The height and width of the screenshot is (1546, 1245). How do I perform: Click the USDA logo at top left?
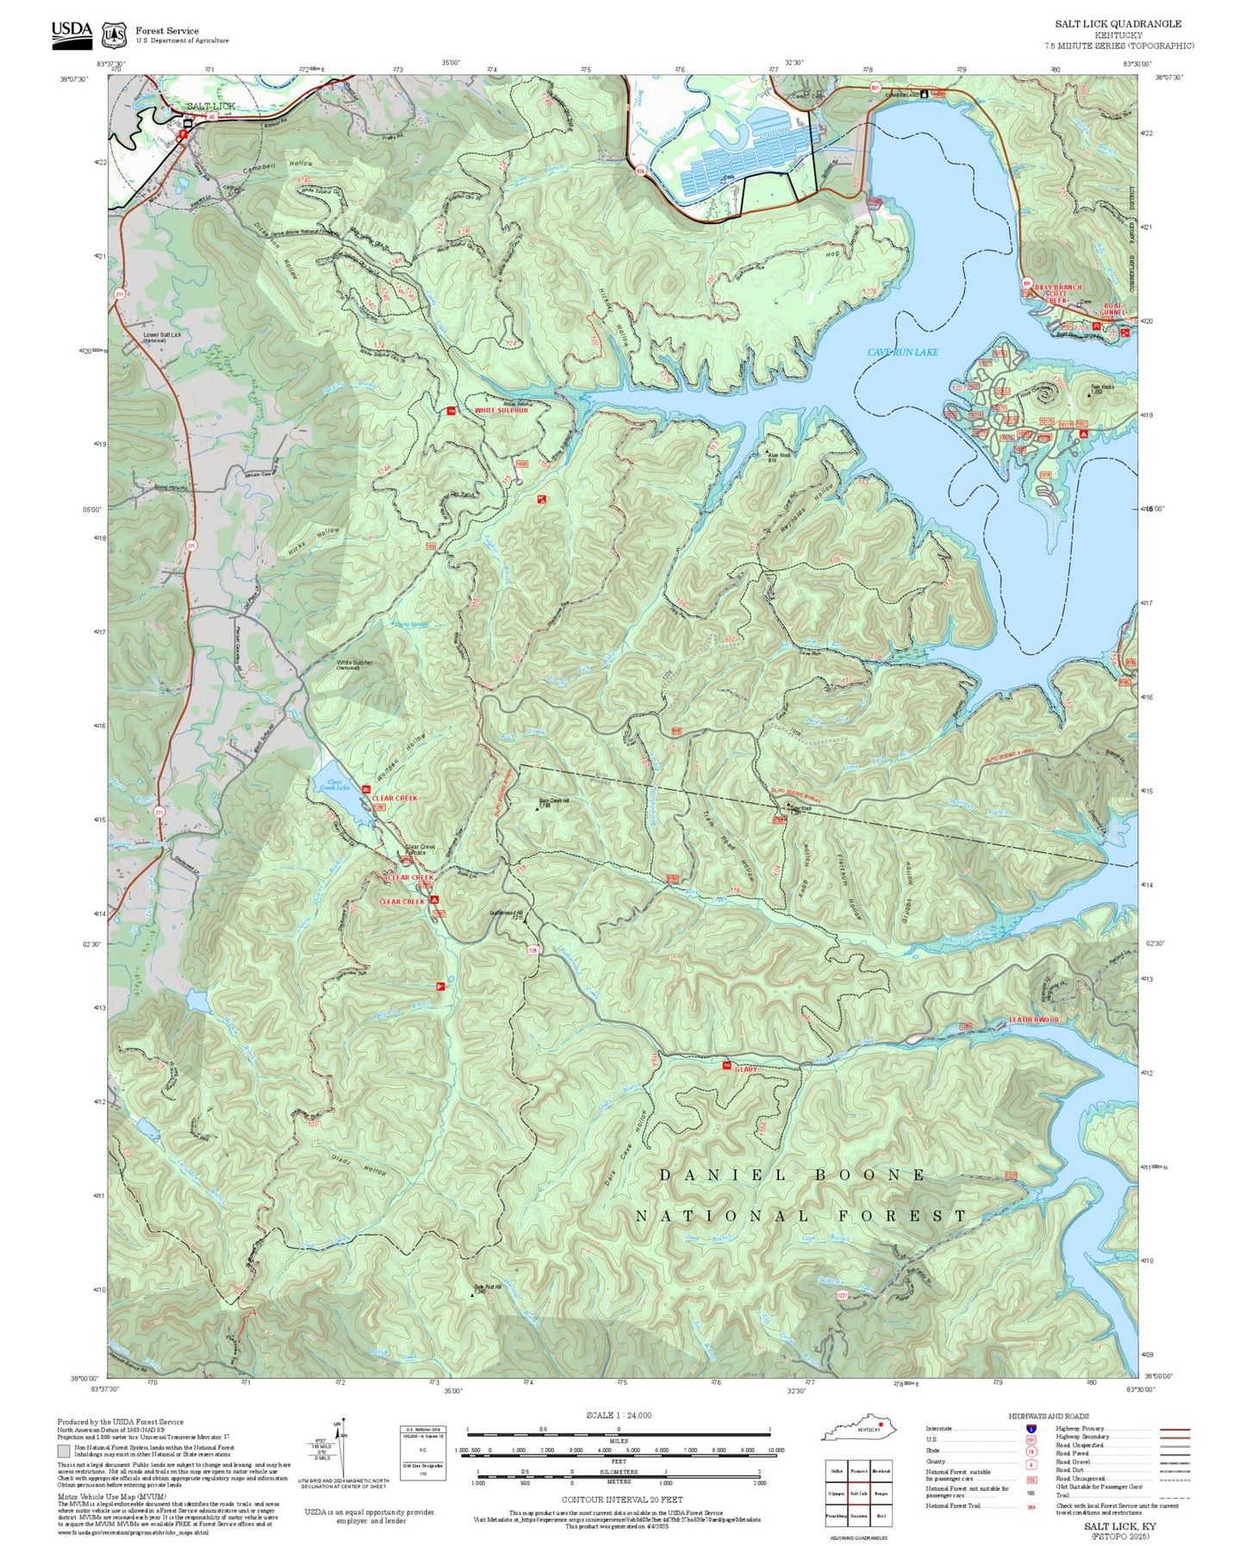[72, 31]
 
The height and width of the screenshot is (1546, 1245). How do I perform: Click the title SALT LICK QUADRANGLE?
[1117, 24]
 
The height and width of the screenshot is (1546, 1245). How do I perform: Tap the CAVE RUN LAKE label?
[902, 352]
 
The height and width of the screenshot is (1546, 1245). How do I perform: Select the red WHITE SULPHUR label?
[501, 411]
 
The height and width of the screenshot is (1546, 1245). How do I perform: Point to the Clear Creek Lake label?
[334, 785]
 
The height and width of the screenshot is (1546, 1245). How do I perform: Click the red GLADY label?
[746, 1069]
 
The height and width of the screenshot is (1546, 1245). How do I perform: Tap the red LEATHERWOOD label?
[1034, 1020]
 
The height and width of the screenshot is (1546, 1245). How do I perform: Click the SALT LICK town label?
[210, 107]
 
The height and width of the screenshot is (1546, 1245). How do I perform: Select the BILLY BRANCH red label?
[1058, 288]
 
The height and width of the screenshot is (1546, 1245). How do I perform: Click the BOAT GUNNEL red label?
[1112, 309]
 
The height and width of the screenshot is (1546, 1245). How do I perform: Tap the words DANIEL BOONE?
[792, 1175]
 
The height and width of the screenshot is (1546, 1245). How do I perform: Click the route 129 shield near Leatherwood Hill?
[532, 951]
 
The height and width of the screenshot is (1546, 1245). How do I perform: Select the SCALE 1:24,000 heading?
[619, 1416]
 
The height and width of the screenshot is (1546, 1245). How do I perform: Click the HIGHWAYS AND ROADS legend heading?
[1049, 1416]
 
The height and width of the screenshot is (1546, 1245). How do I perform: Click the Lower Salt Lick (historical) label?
[162, 336]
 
